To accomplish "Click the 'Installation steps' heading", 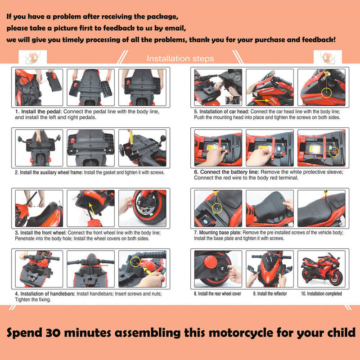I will pyautogui.click(x=180, y=59).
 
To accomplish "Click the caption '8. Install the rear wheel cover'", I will pyautogui.click(x=218, y=294).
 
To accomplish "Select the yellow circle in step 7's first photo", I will pyautogui.click(x=217, y=207).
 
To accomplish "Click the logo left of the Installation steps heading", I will pyautogui.click(x=32, y=58).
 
